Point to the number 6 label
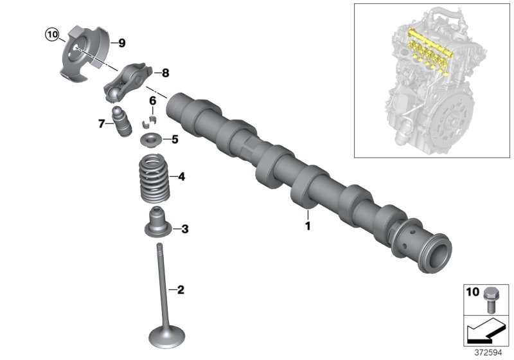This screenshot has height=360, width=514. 153,100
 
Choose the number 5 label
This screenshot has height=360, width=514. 174,139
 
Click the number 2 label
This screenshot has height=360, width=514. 181,290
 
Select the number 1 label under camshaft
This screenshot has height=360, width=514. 307,226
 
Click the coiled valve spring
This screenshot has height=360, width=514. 154,179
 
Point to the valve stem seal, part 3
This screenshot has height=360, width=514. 155,224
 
